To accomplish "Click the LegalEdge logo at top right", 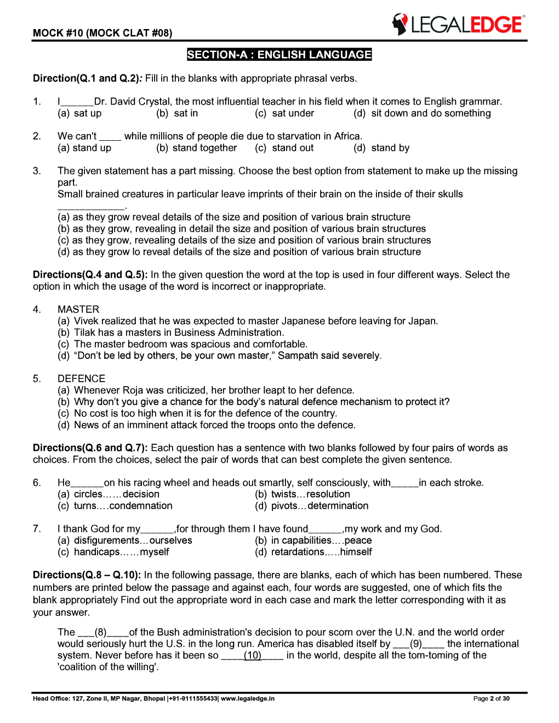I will tap(458, 24).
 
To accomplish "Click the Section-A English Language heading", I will tap(279, 55).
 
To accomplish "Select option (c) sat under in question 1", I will tap(284, 113).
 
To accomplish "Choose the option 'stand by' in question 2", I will tap(382, 148).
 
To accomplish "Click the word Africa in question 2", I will tap(347, 136).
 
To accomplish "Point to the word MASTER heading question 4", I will tap(78, 309).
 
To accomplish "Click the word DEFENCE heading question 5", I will tap(81, 378).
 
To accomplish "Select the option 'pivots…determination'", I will tap(312, 506).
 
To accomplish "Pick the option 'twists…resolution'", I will tap(303, 494).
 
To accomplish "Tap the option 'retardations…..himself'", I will tap(313, 552).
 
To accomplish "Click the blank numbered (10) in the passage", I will tap(252, 656).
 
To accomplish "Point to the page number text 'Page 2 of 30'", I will tap(491, 698).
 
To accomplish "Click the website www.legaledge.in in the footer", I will tap(247, 698).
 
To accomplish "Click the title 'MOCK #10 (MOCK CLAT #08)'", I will tap(102, 33).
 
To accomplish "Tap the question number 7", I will tap(37, 529).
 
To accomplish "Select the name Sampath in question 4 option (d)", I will tap(298, 355).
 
